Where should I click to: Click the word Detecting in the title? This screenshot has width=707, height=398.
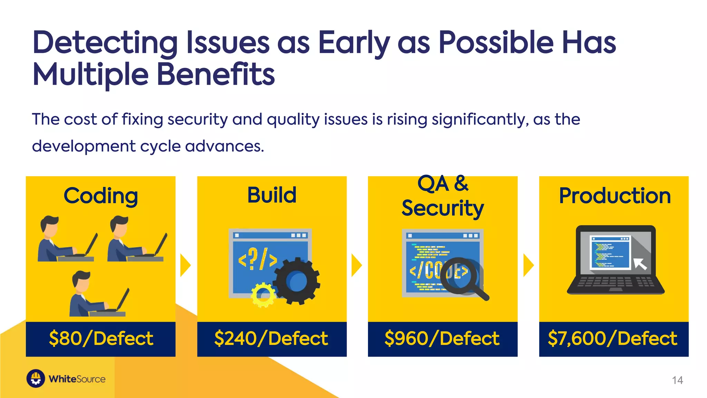click(105, 43)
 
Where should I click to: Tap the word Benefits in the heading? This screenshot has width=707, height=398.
click(216, 75)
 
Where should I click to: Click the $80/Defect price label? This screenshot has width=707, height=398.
click(101, 339)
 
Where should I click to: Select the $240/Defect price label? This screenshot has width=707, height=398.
click(271, 339)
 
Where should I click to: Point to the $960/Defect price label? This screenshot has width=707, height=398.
click(442, 339)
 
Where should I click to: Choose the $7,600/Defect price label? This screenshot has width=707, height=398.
click(613, 339)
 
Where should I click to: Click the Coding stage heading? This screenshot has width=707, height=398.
click(101, 196)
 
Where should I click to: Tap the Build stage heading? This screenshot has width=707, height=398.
click(272, 195)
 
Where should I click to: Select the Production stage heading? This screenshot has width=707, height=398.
click(614, 196)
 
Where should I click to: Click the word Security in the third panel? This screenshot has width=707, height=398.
click(443, 209)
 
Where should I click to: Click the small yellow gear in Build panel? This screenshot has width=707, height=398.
click(263, 295)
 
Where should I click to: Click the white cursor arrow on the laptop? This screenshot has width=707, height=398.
click(640, 264)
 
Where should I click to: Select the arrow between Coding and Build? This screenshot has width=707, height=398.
click(185, 265)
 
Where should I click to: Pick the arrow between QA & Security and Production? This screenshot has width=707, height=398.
click(528, 265)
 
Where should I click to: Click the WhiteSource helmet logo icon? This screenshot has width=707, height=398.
click(36, 379)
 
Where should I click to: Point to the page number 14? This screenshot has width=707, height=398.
click(677, 380)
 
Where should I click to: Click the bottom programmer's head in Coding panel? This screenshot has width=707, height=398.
click(81, 281)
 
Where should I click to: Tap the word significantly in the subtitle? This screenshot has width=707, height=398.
click(480, 120)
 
